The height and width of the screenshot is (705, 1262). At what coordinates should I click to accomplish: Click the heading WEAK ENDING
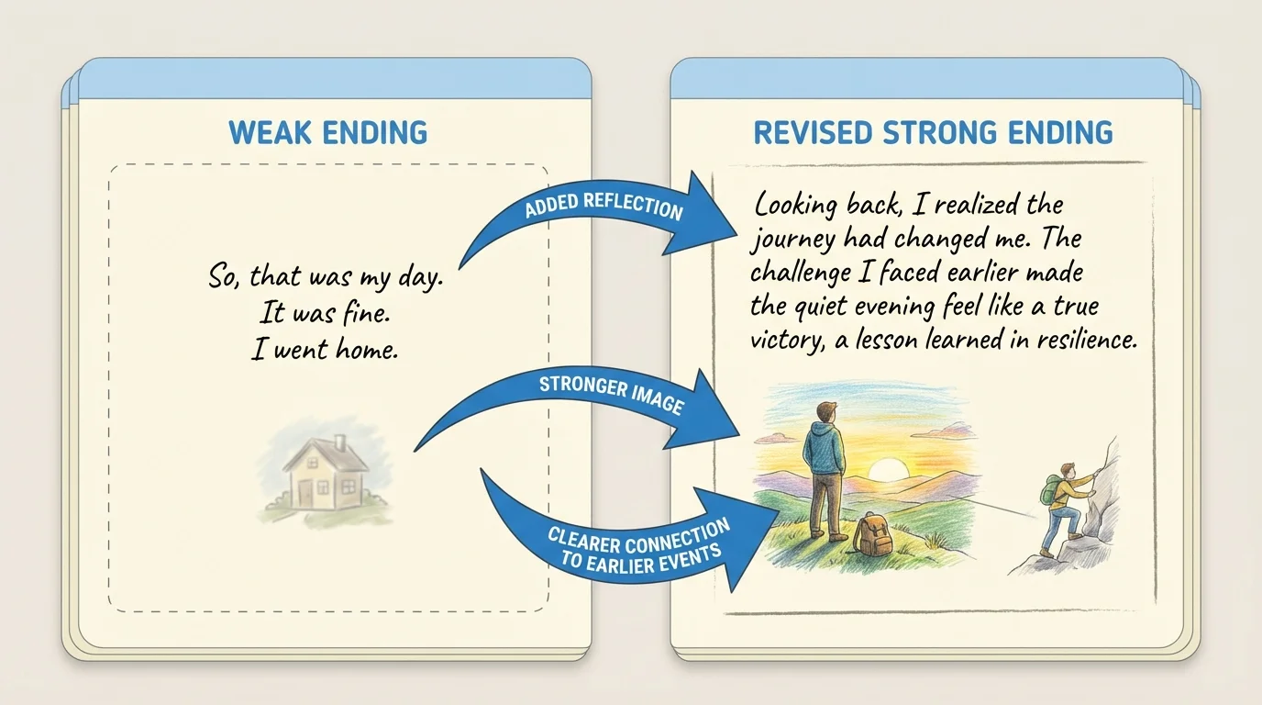pos(327,132)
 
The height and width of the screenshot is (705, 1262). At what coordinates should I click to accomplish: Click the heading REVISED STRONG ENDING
pos(933,132)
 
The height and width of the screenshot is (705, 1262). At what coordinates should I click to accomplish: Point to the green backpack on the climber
pos(1050,490)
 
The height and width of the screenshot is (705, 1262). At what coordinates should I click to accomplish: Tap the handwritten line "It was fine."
pos(326,313)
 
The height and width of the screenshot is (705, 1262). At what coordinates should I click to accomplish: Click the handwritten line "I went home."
pos(325,350)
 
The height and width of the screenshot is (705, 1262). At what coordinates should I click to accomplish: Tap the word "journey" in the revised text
pos(792,240)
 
